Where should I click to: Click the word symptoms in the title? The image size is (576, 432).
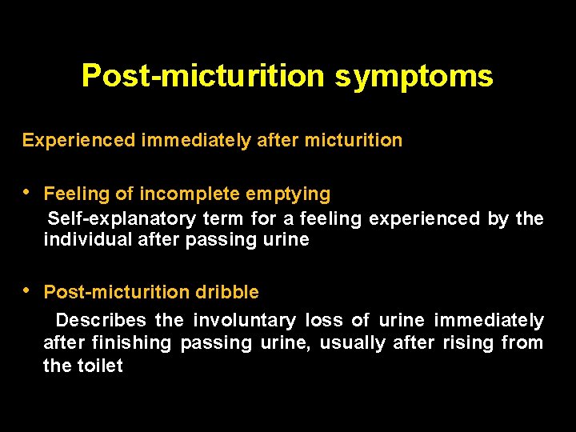(414, 77)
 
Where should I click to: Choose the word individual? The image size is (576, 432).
(82, 240)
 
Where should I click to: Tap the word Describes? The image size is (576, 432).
(101, 321)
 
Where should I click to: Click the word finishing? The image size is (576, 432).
(130, 343)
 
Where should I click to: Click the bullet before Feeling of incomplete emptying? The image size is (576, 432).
(26, 193)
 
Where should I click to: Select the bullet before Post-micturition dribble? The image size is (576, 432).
(26, 292)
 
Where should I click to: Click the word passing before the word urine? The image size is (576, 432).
(218, 343)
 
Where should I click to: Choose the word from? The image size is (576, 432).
(523, 343)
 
